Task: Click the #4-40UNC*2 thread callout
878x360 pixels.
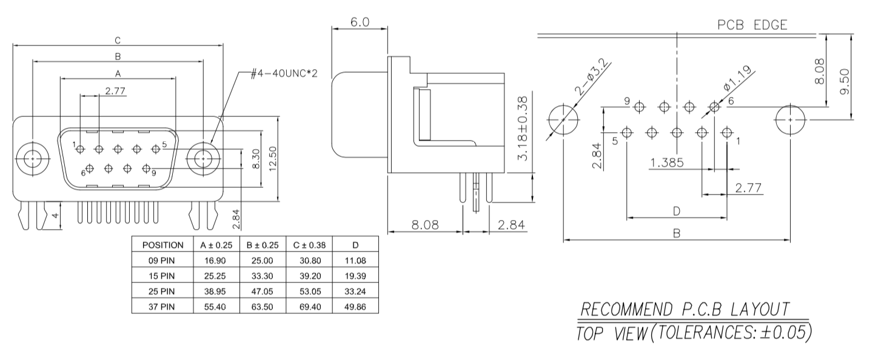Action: [284, 73]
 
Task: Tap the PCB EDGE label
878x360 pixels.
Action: [752, 25]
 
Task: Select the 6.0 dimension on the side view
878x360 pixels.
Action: [360, 22]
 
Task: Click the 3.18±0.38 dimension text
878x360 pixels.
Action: [523, 128]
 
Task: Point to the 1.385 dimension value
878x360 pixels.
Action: [667, 162]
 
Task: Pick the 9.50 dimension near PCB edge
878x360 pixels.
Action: [845, 81]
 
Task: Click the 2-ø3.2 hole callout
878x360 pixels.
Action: [592, 78]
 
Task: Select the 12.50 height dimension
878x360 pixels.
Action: [273, 159]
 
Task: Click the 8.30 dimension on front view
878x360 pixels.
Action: [256, 159]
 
